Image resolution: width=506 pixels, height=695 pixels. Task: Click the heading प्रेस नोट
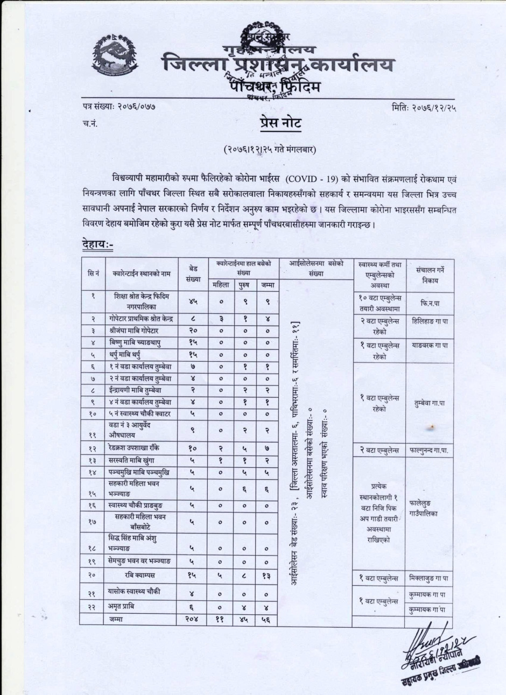coord(278,123)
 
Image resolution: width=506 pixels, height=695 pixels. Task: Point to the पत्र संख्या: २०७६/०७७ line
coord(116,107)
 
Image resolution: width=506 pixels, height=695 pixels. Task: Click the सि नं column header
coord(93,273)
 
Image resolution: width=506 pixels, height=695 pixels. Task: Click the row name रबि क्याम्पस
coord(142,575)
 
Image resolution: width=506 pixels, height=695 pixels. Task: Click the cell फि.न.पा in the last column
coord(428,303)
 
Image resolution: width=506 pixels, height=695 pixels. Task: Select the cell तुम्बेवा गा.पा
coord(428,402)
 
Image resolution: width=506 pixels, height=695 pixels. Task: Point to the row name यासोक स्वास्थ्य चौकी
coord(142,591)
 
